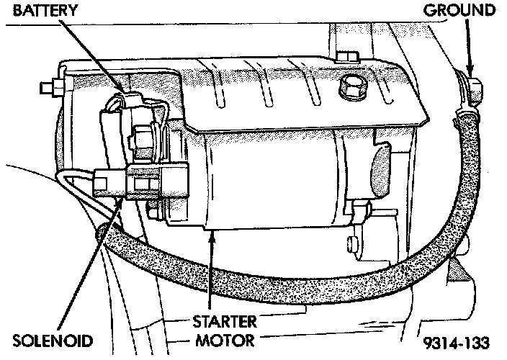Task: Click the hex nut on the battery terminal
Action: (x=141, y=133)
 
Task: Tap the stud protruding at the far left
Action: (x=48, y=89)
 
